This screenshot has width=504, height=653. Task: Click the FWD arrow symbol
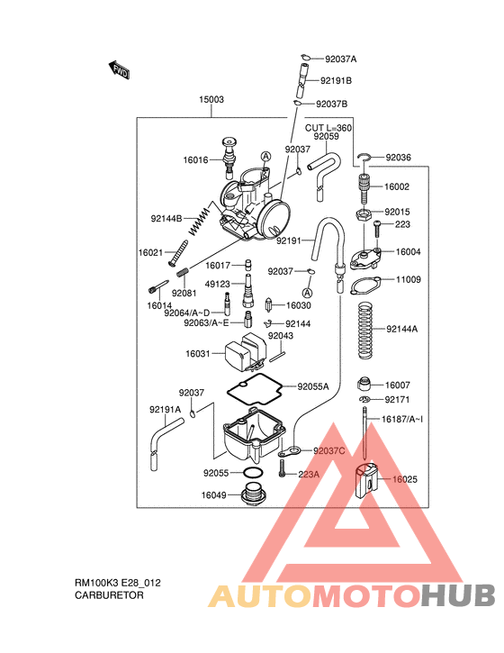(x=118, y=70)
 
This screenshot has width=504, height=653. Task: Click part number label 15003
(x=211, y=100)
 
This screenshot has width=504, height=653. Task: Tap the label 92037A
(x=341, y=59)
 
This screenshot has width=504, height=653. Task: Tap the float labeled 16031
(x=247, y=353)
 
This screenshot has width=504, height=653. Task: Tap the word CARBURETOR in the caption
(x=109, y=596)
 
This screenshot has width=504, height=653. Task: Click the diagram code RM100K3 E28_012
(x=118, y=583)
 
